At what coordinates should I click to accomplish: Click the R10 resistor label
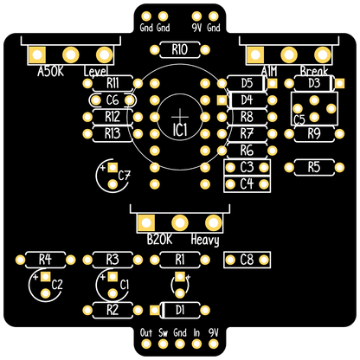coord(179,49)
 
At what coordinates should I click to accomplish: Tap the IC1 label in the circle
coord(180,130)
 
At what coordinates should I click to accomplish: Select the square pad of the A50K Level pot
coord(37,55)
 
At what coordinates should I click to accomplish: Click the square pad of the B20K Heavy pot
coord(146,223)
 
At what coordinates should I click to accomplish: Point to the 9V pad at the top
coord(196,16)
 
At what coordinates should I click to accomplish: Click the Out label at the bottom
coord(146,332)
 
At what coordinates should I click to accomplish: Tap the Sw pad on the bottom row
coord(163,344)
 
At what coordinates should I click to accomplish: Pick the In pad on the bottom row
coord(196,344)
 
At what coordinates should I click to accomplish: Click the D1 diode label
coord(180,310)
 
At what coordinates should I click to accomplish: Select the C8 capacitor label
coord(247,260)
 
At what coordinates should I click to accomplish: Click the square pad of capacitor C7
coord(112,167)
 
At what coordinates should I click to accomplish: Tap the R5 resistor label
coord(314,167)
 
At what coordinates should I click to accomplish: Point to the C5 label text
coord(299,119)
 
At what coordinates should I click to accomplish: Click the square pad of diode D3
coord(339,83)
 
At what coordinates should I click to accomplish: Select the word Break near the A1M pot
coord(314,71)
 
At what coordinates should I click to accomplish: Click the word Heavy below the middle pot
coord(205,240)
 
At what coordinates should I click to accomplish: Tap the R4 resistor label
coord(45,260)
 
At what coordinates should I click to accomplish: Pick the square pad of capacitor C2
coord(45,277)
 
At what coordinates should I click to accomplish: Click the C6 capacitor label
coord(112,100)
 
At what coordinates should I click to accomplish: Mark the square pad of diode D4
coord(222,100)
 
